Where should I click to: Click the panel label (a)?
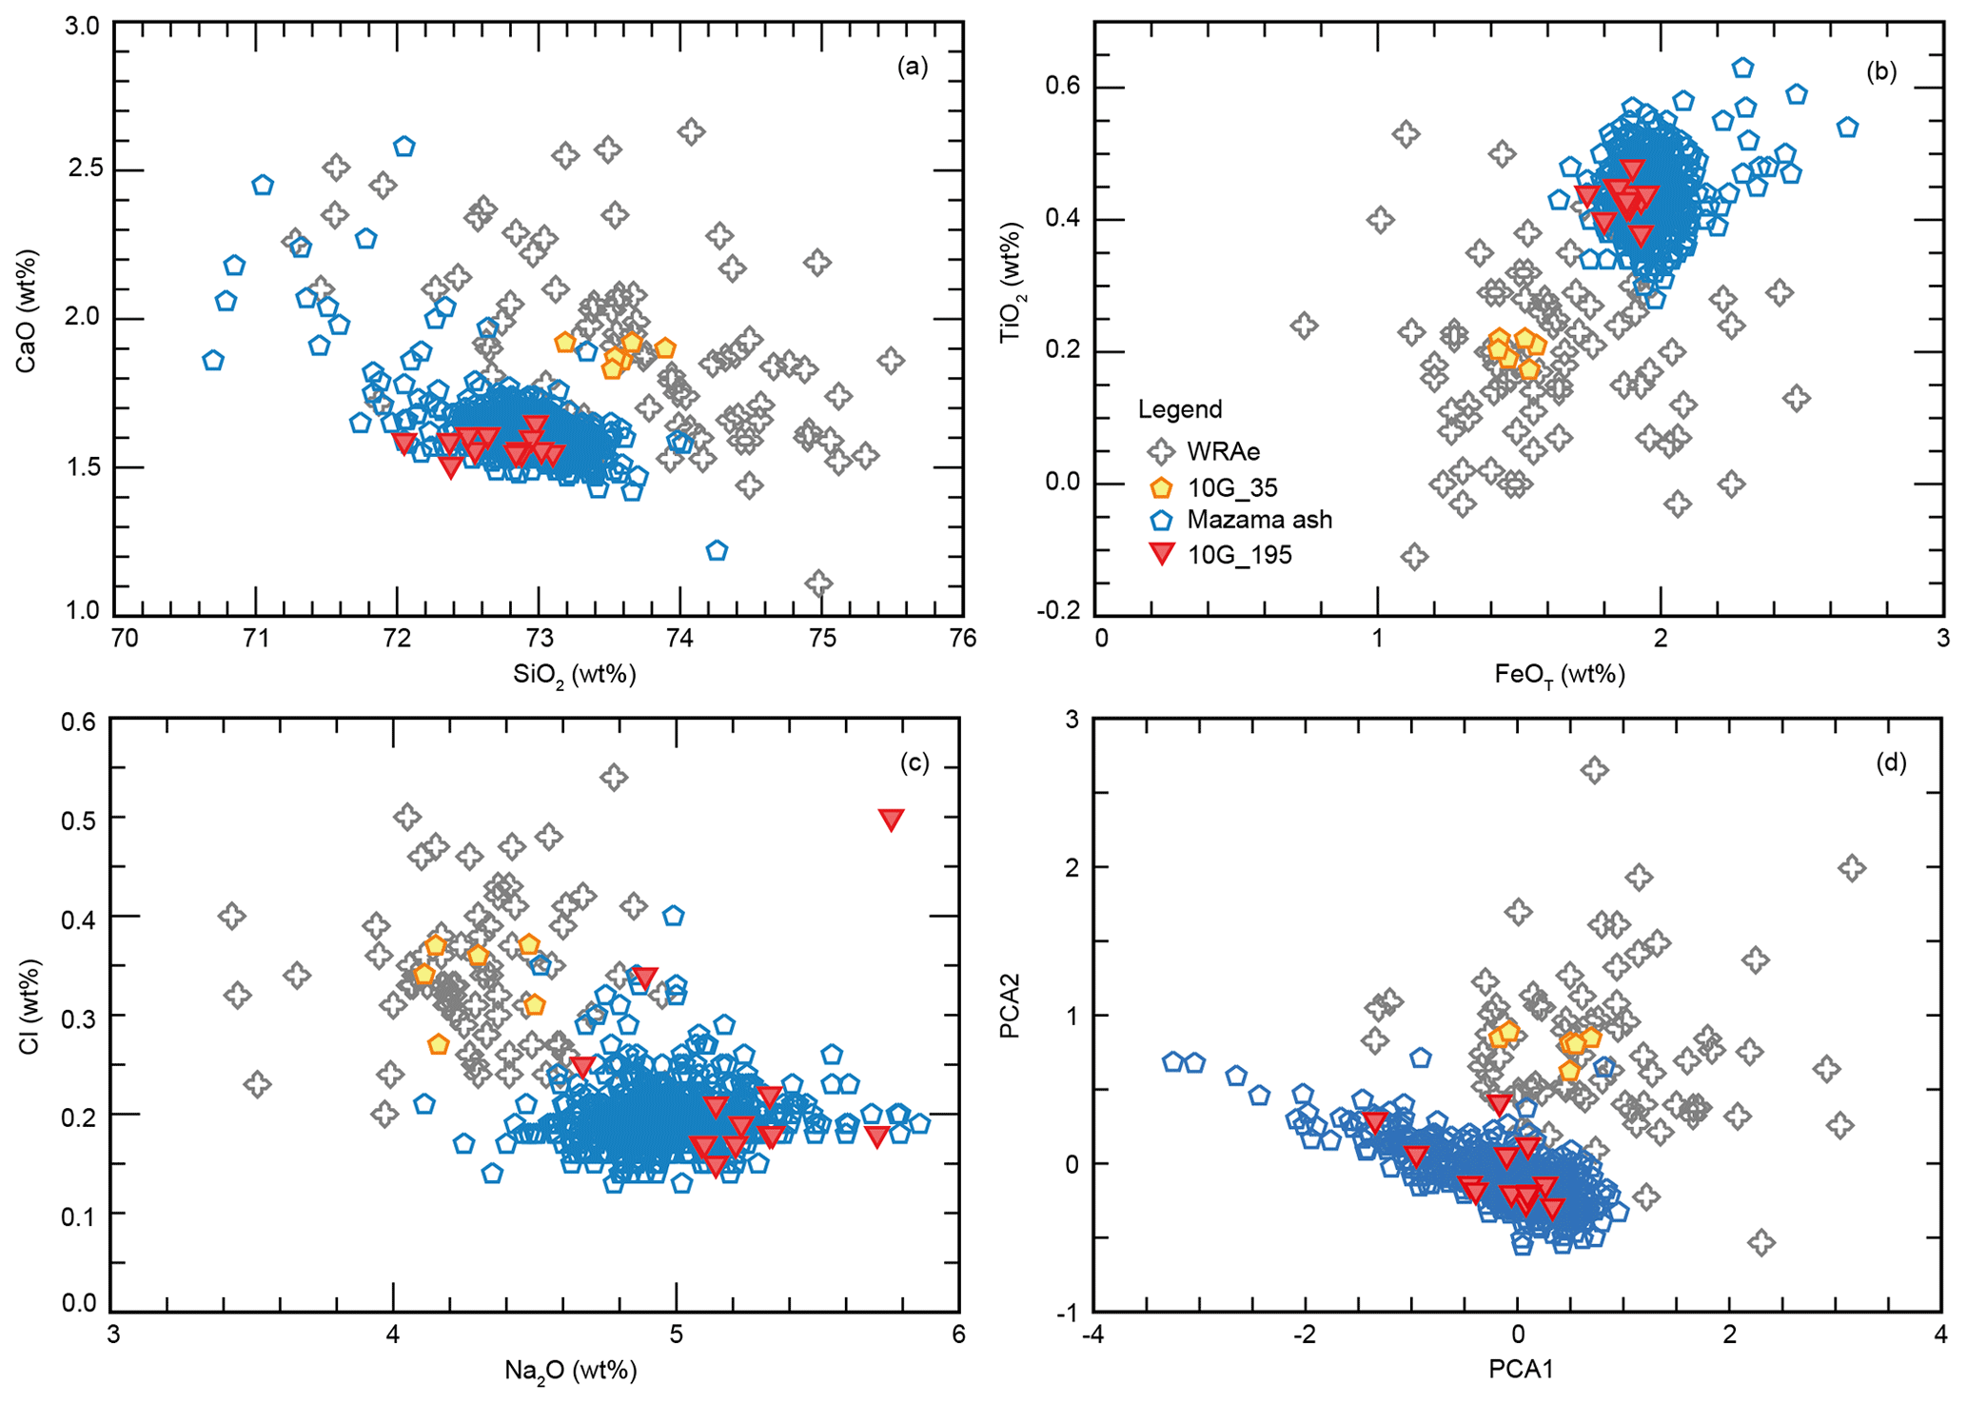tap(912, 67)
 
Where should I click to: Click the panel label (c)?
tap(913, 763)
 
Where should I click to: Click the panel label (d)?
tap(1891, 762)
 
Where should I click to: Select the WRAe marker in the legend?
tap(1161, 451)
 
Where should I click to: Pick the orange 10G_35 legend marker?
tap(1161, 488)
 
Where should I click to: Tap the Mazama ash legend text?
tap(1259, 520)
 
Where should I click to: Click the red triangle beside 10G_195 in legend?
tap(1161, 554)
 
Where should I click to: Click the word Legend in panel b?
tap(1180, 409)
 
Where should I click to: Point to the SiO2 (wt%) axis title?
tap(574, 675)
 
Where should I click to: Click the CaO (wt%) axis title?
tap(29, 310)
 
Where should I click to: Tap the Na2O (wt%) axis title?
tap(570, 1371)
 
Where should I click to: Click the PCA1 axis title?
tap(1520, 1370)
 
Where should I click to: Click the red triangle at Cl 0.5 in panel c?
tap(891, 820)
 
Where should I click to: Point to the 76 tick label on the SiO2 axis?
tap(962, 639)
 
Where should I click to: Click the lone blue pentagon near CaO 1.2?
tap(718, 550)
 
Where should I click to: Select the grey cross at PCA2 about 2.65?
tap(1595, 770)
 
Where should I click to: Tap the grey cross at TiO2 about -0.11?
tap(1414, 556)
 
